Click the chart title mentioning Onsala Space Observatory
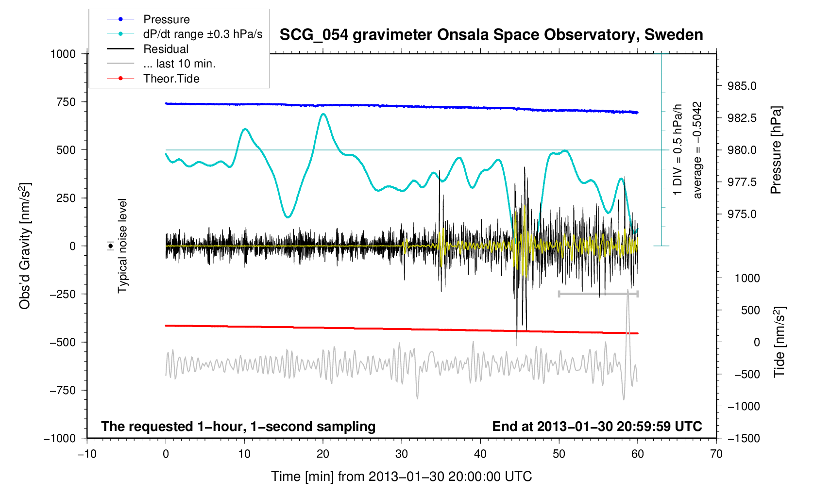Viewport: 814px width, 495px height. [x=491, y=35]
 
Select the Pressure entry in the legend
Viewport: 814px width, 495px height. [x=166, y=19]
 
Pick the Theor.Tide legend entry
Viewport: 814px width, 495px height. [x=171, y=79]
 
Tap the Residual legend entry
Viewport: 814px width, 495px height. [x=166, y=49]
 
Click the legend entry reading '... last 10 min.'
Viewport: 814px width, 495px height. [x=179, y=64]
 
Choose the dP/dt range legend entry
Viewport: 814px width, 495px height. [x=203, y=34]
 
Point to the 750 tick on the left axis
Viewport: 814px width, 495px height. [x=66, y=102]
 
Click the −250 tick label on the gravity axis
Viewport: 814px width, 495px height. [x=63, y=294]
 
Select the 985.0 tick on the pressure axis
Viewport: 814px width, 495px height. [x=742, y=86]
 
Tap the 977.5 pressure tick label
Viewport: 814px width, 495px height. [x=742, y=182]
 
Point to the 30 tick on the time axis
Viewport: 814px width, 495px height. [x=402, y=454]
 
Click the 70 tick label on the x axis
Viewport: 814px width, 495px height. [x=716, y=454]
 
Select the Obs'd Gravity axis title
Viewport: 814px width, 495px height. [x=24, y=246]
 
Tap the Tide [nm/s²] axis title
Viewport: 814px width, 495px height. [x=779, y=342]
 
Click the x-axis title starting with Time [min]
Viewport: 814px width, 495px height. [x=401, y=477]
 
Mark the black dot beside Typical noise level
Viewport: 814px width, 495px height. [x=111, y=246]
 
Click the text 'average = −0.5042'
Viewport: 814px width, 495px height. [x=697, y=150]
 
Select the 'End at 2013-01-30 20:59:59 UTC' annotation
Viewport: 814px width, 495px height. [x=597, y=427]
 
